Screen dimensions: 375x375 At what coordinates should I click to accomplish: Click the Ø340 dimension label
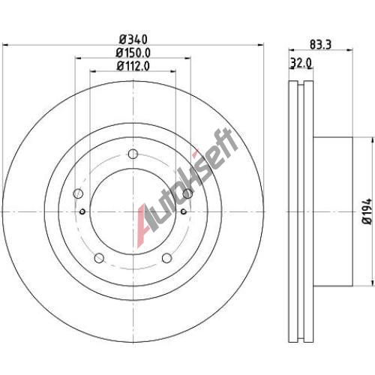(133, 40)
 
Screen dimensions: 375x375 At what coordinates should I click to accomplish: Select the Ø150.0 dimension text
(133, 52)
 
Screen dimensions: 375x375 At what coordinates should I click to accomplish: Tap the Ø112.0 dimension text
(133, 66)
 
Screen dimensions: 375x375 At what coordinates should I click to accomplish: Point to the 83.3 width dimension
(320, 44)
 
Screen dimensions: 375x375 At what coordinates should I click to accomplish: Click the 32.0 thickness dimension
(301, 63)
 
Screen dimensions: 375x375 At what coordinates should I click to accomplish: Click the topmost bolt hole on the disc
(133, 154)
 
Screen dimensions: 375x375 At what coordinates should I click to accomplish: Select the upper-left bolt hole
(78, 193)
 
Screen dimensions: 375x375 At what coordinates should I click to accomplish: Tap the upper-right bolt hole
(187, 193)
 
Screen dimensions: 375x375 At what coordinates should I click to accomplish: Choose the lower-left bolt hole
(99, 258)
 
